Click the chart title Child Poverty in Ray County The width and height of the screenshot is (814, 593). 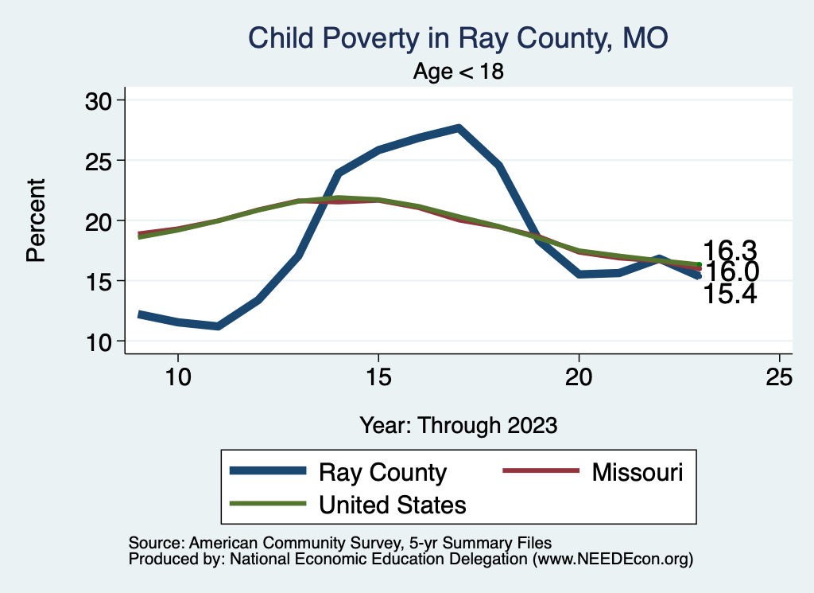coord(458,37)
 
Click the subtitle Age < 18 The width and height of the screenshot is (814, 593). coord(458,72)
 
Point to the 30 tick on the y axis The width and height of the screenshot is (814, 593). coord(100,100)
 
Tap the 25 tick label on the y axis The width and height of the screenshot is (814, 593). coord(100,160)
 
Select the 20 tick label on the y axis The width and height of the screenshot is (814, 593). coord(100,220)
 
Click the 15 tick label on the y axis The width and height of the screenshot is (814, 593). coord(100,281)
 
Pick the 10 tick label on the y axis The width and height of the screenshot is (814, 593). coord(100,341)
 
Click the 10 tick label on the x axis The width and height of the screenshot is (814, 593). coord(178,377)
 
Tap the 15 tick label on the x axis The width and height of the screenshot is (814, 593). coord(378,377)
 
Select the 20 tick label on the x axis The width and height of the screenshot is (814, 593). coord(579,377)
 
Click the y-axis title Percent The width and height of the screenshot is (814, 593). coord(35,220)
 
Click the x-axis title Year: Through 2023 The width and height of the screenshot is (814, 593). coord(458,425)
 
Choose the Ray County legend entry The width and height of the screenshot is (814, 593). coord(382,472)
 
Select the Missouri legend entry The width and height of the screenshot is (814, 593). coord(637,472)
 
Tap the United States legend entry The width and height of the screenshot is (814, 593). coord(392,504)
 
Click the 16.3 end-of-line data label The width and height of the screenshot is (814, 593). coord(728,250)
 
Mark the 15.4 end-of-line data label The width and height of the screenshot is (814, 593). coord(728,295)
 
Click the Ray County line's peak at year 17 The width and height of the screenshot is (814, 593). coord(459,127)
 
